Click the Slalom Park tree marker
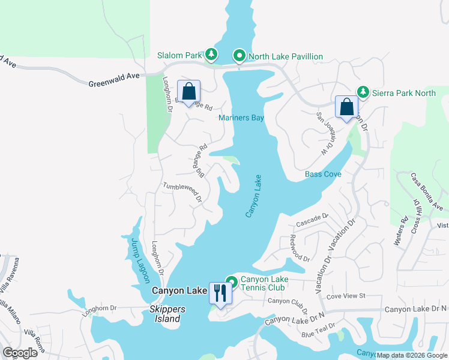click(x=211, y=55)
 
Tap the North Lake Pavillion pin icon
click(x=239, y=56)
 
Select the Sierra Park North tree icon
click(x=363, y=92)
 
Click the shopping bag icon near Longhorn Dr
click(x=188, y=92)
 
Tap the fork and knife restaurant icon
click(x=220, y=293)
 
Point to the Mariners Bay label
click(x=241, y=118)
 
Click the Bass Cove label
click(x=323, y=174)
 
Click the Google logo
click(x=20, y=353)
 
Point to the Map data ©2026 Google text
click(x=412, y=355)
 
